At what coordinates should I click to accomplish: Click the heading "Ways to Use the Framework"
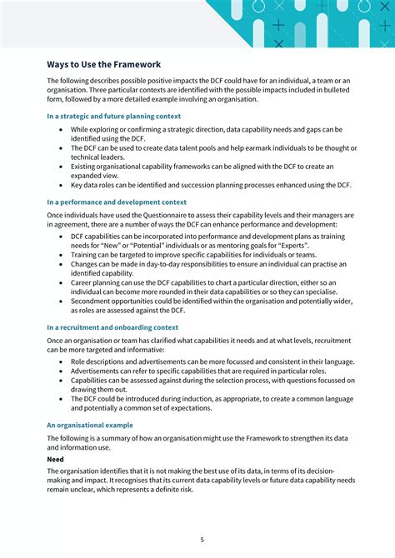coord(104,64)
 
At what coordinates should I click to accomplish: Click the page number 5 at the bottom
coord(202,539)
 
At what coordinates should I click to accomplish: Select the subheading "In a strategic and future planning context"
coord(113,117)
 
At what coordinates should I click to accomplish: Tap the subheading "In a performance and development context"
coord(117,202)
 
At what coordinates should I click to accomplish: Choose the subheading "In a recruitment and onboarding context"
coord(112,327)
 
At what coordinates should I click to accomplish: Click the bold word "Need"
coord(55,459)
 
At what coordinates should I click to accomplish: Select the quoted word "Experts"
coord(305,246)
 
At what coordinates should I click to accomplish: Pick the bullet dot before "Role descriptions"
coord(62,362)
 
